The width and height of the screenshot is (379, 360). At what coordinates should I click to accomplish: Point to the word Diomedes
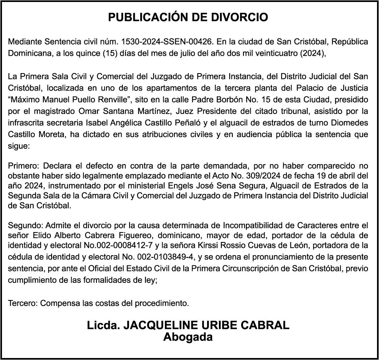pyautogui.click(x=350, y=122)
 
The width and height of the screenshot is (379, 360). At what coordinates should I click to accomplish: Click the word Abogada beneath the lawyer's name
pyautogui.click(x=188, y=337)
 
